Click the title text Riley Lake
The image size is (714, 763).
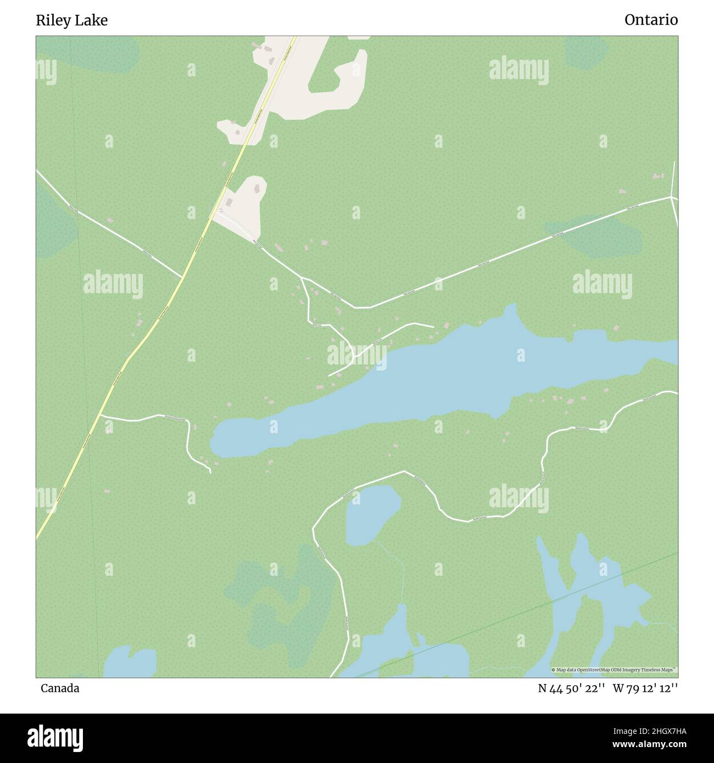(71, 20)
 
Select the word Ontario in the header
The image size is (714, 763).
(651, 20)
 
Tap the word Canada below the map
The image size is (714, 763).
(59, 688)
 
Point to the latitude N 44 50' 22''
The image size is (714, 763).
(571, 688)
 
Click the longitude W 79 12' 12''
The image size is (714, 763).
(645, 688)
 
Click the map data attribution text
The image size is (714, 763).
(614, 670)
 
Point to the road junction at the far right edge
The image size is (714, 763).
(671, 197)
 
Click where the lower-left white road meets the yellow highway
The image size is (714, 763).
(101, 416)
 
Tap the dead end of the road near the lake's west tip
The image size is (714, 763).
(210, 472)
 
